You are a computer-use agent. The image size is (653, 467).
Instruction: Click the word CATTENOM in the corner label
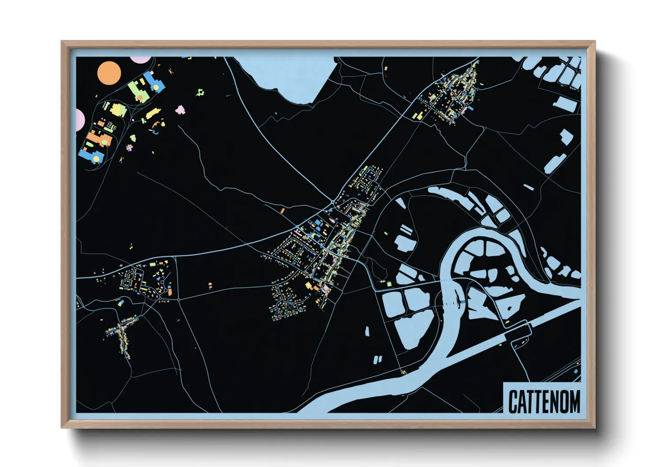pos(544,401)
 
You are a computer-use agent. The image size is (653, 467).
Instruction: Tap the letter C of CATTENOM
pos(513,402)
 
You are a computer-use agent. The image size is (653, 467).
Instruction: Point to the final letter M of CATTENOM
pos(574,402)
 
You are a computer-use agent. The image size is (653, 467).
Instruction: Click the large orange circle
pos(109,73)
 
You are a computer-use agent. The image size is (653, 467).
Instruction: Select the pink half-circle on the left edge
pos(80,120)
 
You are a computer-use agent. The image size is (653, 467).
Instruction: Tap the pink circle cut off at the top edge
pos(141,59)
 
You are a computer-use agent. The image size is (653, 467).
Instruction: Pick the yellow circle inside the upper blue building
pos(156,88)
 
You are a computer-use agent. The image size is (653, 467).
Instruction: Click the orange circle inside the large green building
pos(140,97)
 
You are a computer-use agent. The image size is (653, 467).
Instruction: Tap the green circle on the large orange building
pos(105,142)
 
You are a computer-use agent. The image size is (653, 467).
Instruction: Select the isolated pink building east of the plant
pos(180,109)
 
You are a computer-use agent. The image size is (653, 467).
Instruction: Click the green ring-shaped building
pos(201,92)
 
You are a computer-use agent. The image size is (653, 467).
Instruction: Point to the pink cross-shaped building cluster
pos(129,147)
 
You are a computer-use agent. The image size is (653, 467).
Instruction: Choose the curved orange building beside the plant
pos(155,128)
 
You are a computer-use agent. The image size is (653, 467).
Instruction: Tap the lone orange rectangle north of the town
pos(283,211)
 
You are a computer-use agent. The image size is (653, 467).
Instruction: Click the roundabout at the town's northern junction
pos(332,202)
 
